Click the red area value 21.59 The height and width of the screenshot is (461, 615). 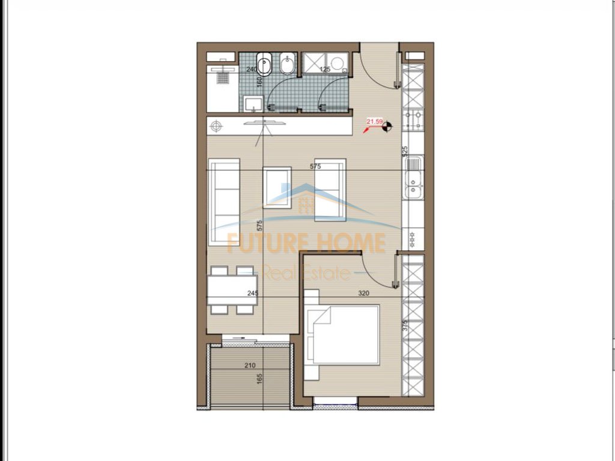375,122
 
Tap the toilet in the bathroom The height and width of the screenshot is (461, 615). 264,64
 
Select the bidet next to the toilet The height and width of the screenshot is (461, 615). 288,65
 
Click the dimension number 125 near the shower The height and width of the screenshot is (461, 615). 325,69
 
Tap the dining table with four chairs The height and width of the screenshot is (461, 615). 232,290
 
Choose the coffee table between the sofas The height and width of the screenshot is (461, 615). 277,187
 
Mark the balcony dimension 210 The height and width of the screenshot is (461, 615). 250,364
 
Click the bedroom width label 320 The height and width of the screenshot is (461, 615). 363,294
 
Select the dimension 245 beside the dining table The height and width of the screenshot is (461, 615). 252,294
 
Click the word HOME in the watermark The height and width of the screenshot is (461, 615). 351,243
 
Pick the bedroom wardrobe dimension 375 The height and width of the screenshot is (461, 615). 405,325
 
